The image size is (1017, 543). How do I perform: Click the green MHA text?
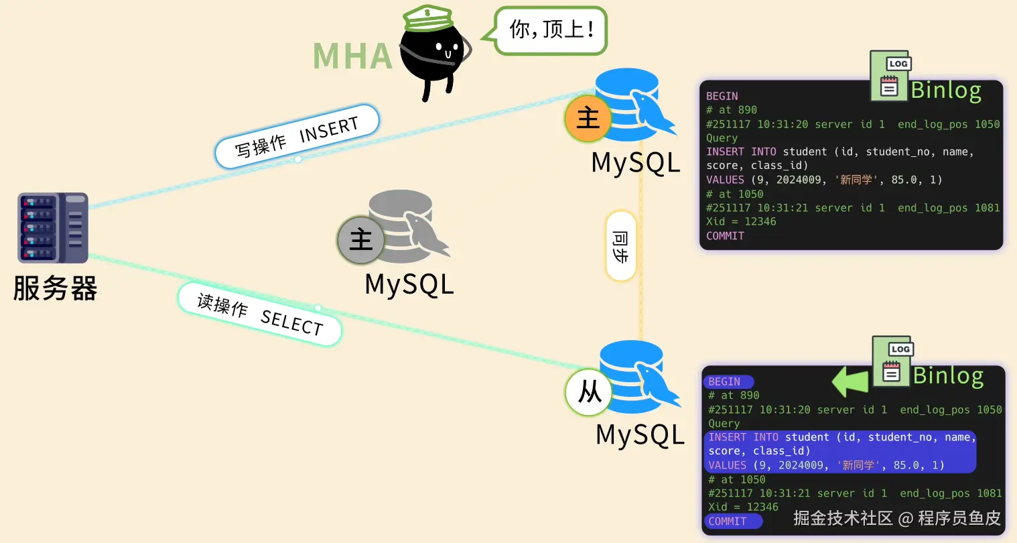point(352,56)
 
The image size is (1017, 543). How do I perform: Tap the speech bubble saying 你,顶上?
point(551,29)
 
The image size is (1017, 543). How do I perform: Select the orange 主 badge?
point(588,118)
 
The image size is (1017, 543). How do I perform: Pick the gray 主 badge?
point(360,239)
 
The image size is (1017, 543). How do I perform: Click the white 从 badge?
point(589,391)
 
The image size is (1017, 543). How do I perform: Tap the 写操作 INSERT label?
point(297,136)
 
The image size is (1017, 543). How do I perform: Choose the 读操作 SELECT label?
point(260,314)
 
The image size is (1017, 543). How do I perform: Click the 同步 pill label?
point(620,246)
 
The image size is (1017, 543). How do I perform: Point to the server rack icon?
point(53,228)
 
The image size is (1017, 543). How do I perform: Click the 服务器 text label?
point(55,289)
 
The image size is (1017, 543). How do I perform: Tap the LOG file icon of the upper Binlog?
point(890,76)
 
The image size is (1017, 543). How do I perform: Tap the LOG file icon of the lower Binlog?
point(892,362)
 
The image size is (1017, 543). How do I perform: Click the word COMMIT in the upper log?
point(725,236)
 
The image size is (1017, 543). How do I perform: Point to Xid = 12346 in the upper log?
point(741,222)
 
